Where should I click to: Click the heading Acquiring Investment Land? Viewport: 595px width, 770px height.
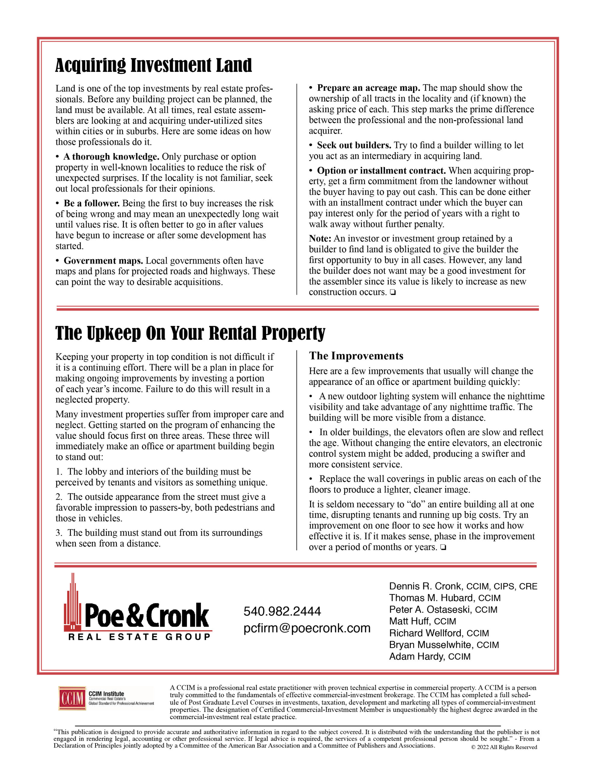point(153,66)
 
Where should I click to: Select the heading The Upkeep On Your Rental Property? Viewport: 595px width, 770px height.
point(190,333)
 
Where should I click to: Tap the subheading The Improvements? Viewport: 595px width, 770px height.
point(356,356)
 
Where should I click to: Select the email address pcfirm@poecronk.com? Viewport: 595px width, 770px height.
point(307,628)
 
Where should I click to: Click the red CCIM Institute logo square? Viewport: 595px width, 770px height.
point(72,698)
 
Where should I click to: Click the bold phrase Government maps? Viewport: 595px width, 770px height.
point(103,261)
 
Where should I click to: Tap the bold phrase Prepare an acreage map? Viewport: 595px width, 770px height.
point(368,88)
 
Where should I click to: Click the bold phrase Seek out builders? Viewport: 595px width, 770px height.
point(354,145)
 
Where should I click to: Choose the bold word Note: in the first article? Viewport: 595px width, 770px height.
point(320,239)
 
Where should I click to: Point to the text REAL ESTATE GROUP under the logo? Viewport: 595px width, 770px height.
point(139,637)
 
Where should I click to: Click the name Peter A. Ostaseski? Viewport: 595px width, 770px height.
point(430,610)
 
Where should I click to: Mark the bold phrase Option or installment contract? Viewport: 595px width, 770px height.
point(381,171)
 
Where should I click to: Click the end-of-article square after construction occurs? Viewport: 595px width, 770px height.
point(393,292)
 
